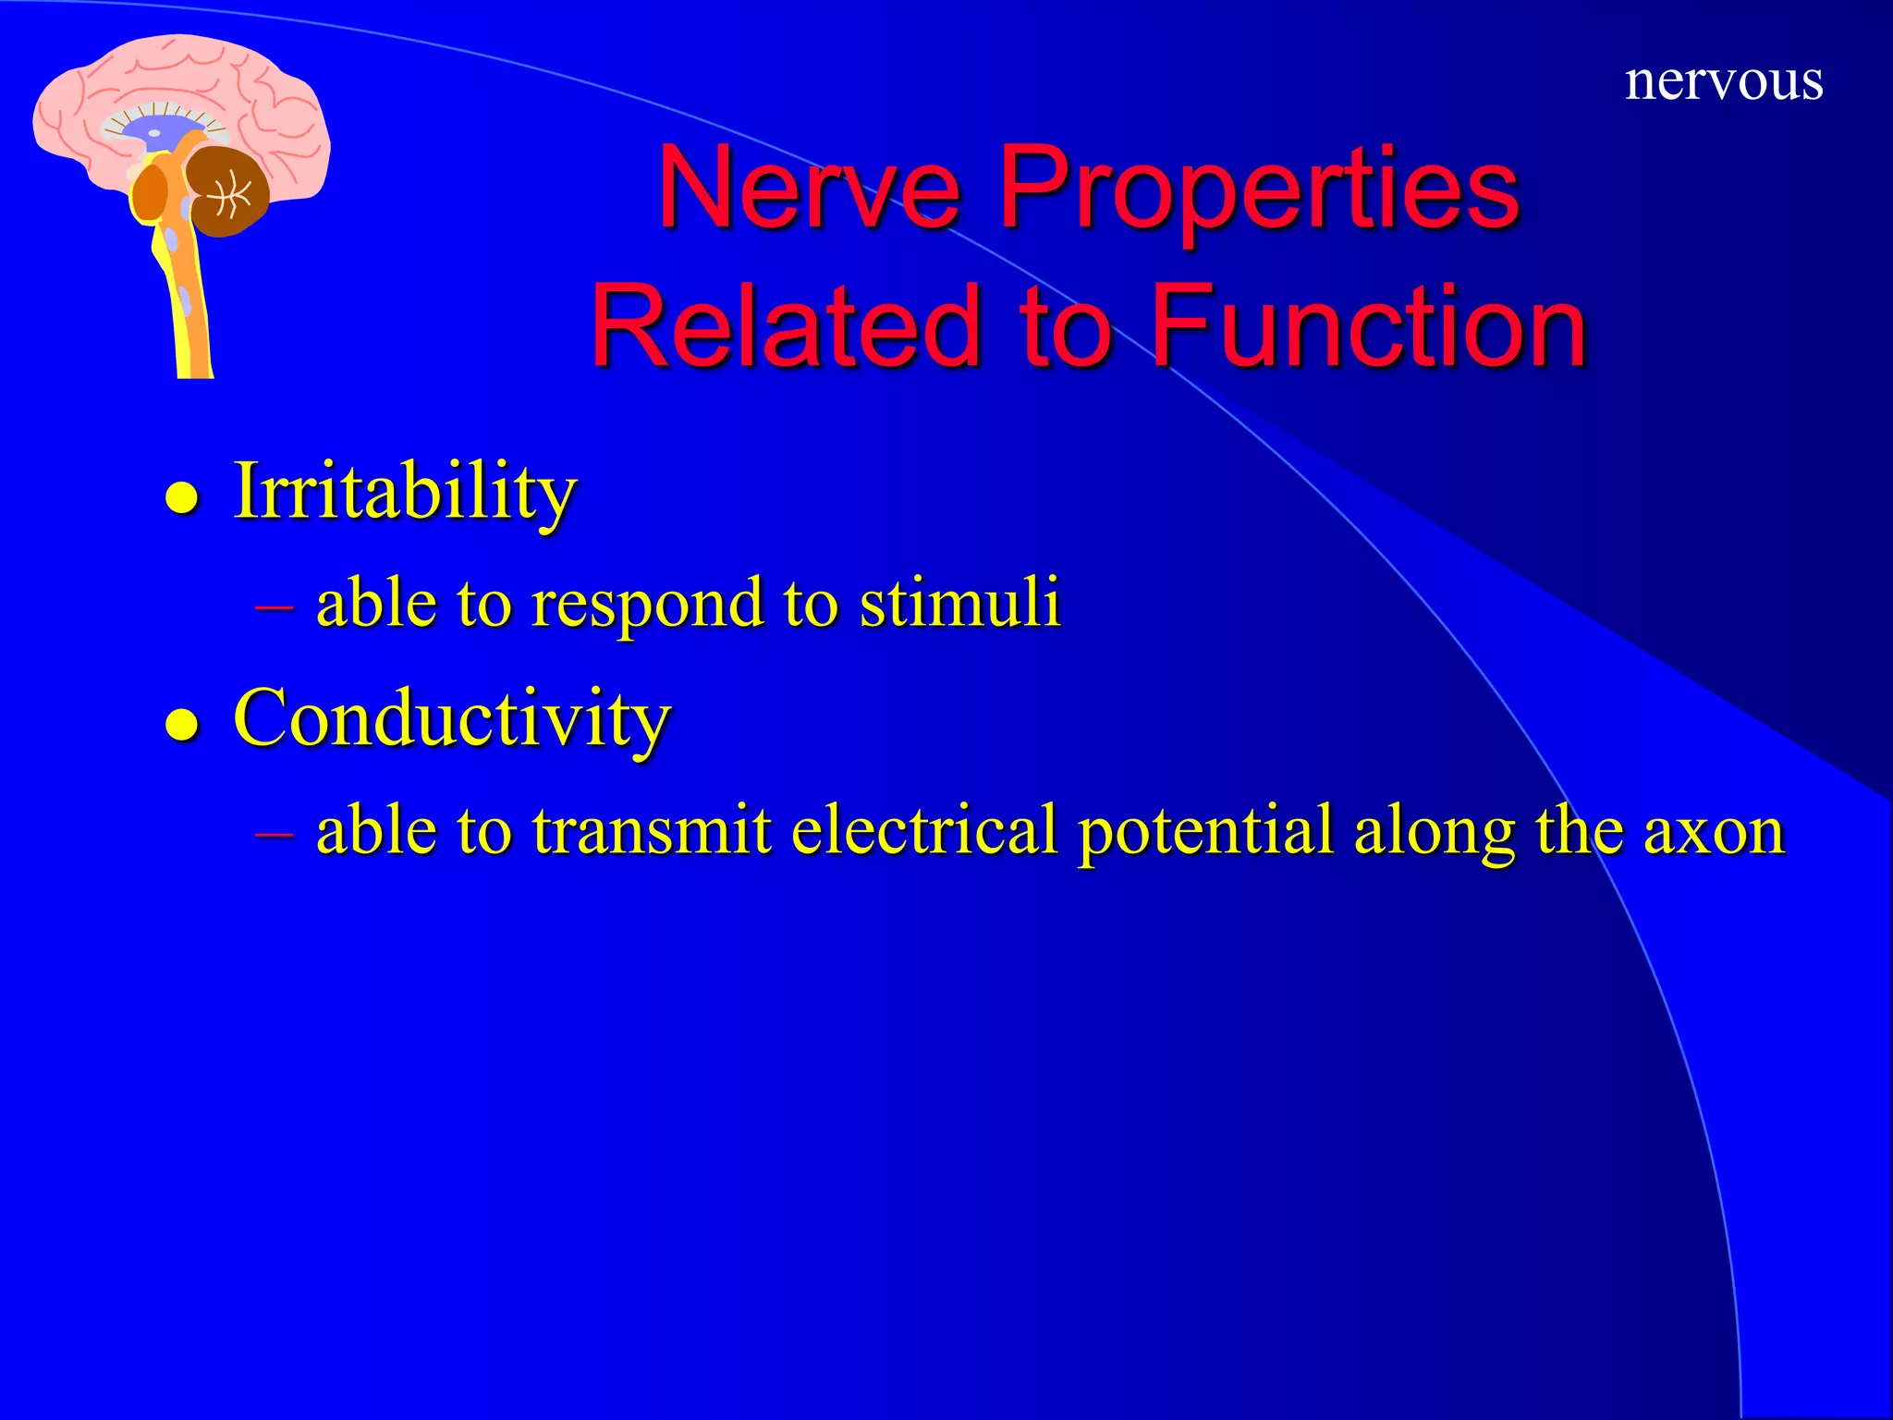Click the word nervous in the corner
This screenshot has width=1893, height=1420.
click(x=1723, y=81)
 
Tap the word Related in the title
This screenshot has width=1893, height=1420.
click(x=785, y=326)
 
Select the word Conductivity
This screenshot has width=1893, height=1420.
click(x=451, y=718)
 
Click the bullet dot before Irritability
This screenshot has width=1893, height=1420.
click(x=182, y=499)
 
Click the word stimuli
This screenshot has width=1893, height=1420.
click(x=959, y=603)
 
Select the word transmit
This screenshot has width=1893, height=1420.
click(x=652, y=829)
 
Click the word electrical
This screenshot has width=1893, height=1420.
click(x=923, y=829)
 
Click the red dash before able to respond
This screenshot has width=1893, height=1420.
click(x=274, y=607)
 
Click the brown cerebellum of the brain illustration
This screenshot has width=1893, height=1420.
click(x=227, y=190)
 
